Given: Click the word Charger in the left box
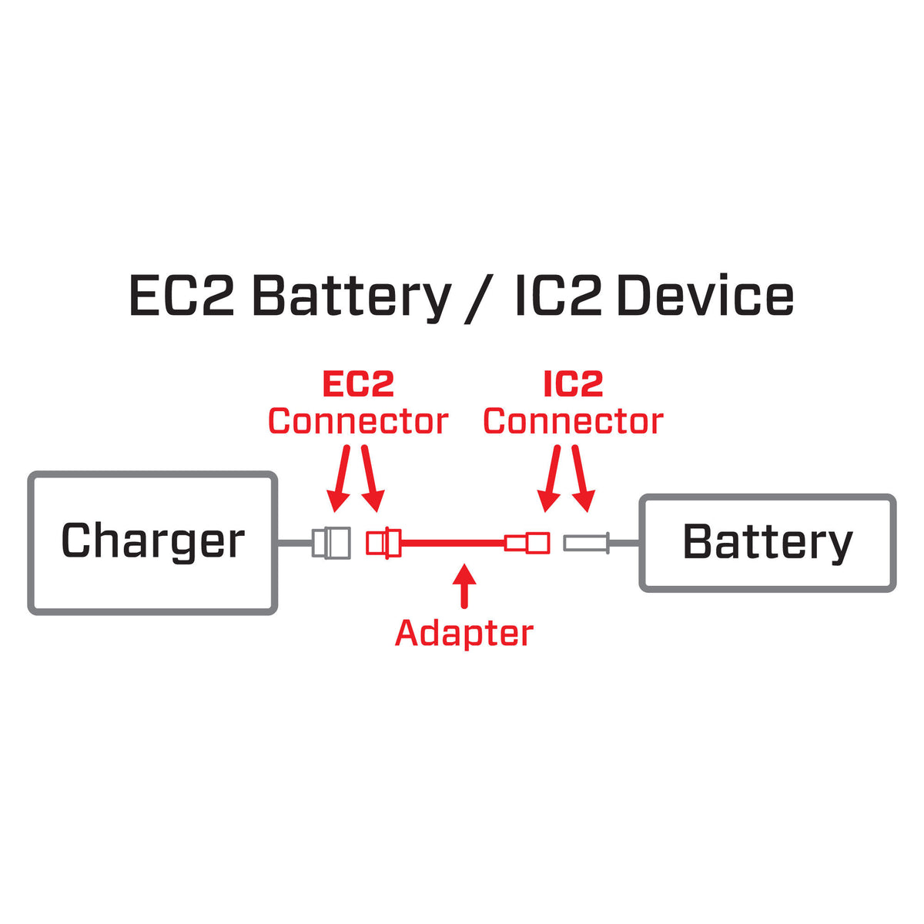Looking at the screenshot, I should [152, 541].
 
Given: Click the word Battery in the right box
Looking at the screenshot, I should [768, 542].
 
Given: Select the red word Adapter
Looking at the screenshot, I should [464, 633].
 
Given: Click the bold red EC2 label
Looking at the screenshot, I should [357, 384].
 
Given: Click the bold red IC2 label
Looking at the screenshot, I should [573, 384].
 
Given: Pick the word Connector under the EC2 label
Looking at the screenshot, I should [357, 421].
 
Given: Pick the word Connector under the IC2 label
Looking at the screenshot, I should [573, 421].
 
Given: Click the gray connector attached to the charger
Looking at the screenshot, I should [331, 543].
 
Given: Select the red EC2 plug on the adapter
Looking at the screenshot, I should [383, 543].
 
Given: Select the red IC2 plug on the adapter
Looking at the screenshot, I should [527, 544].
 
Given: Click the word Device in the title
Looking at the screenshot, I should [705, 297].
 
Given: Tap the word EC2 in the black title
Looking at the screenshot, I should [181, 297].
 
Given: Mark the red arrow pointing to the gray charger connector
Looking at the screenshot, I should [340, 478].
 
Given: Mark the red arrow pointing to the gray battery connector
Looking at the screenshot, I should [581, 478].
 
